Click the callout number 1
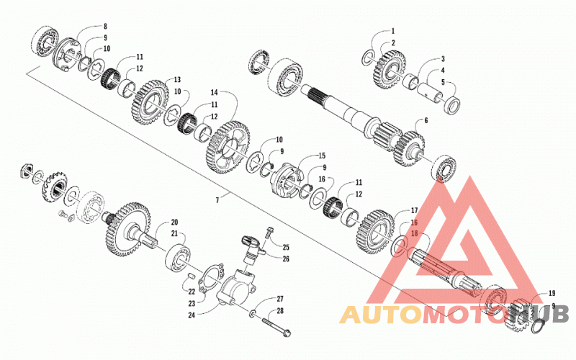click(392, 31)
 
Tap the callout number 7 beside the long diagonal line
click(217, 200)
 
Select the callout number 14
click(214, 91)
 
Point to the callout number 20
click(174, 222)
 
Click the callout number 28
click(280, 311)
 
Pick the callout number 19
click(552, 293)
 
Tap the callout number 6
click(426, 120)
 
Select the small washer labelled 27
click(253, 313)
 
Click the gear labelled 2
click(390, 70)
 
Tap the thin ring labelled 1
click(368, 58)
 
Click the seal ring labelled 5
click(453, 104)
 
